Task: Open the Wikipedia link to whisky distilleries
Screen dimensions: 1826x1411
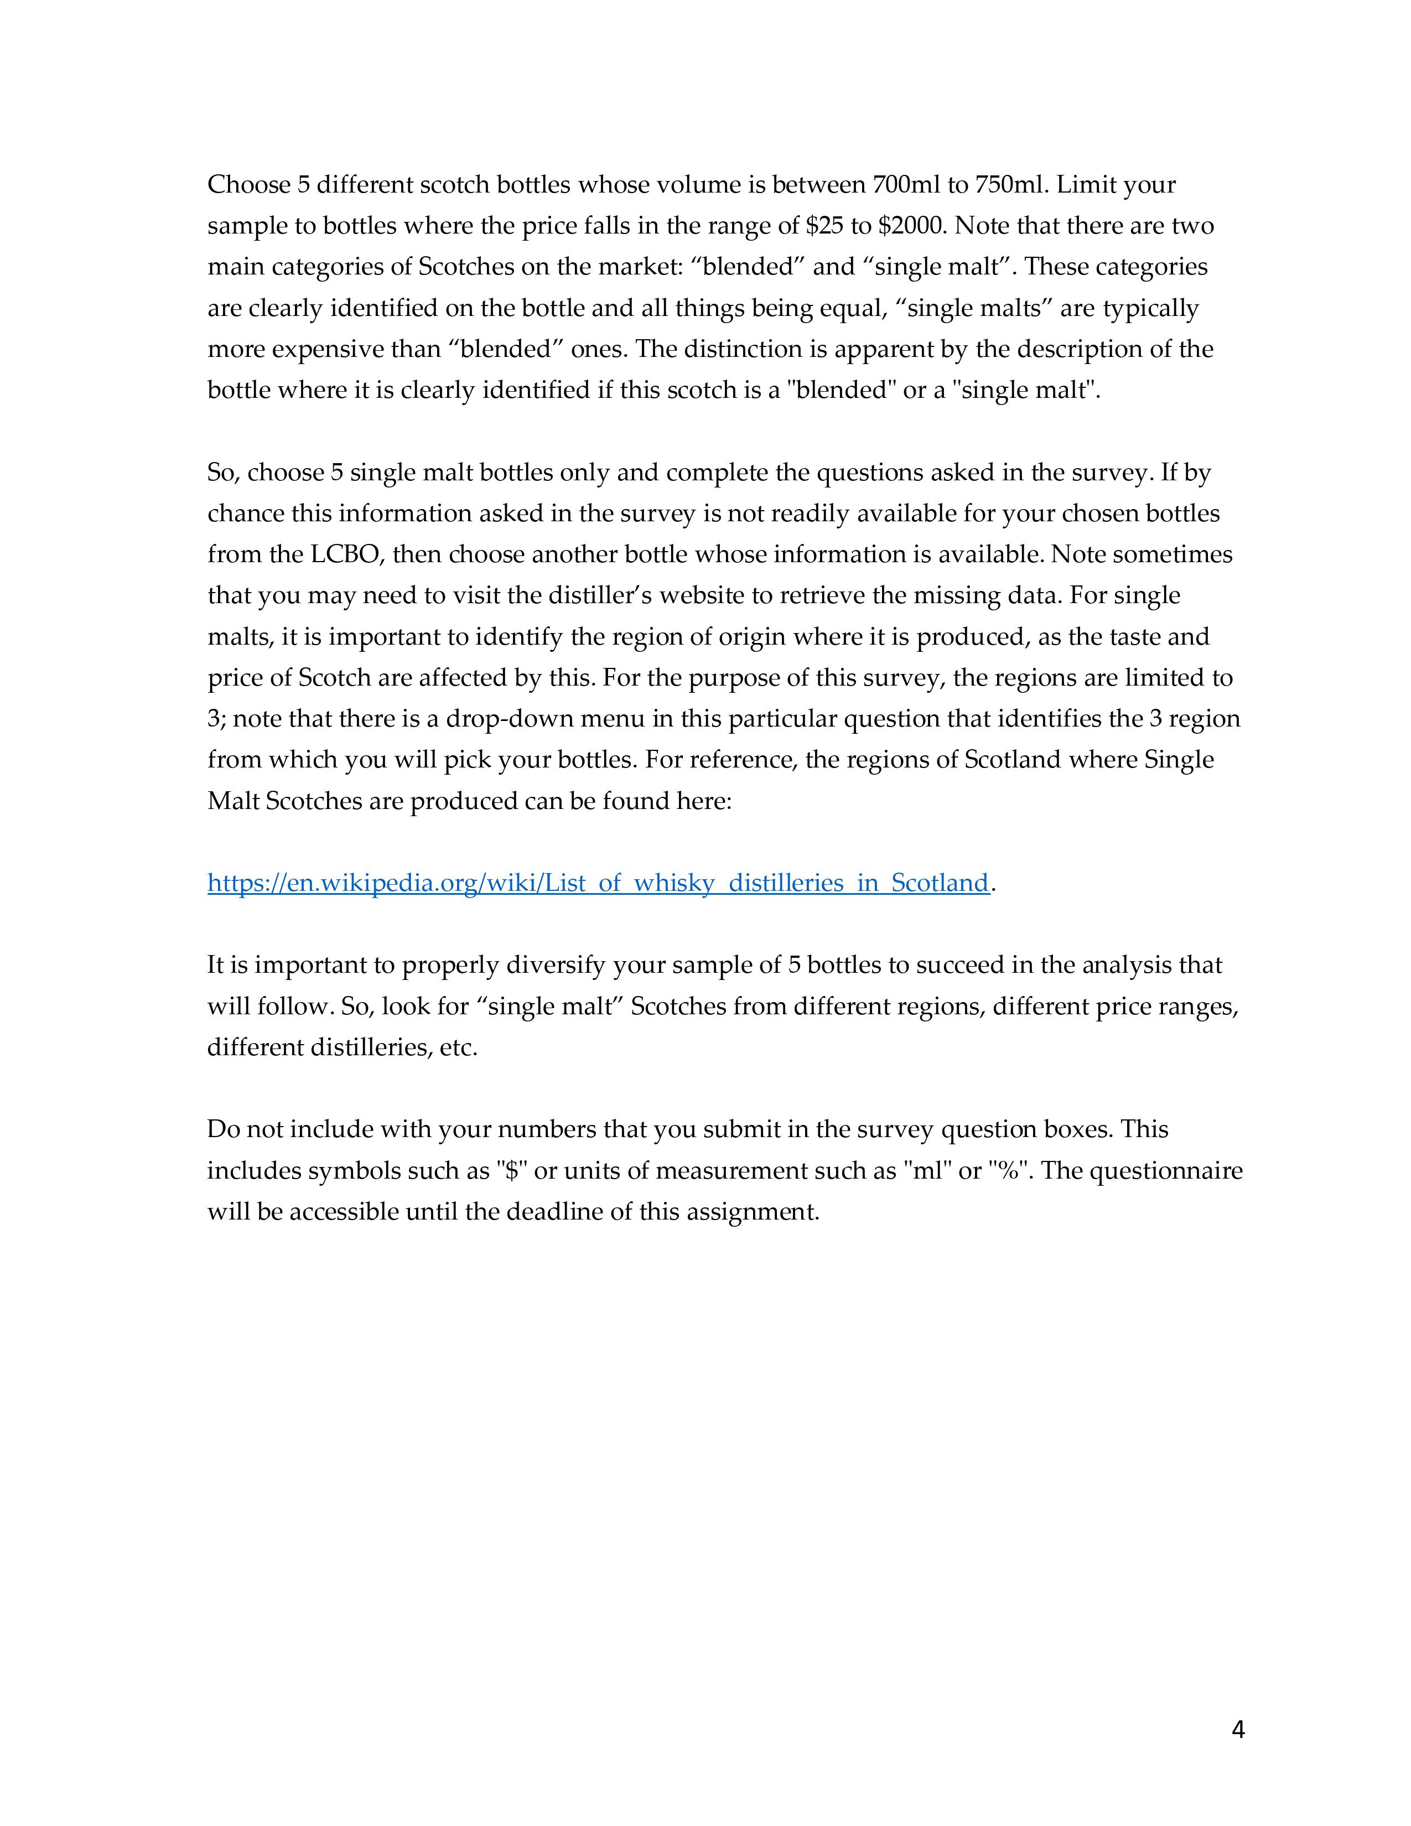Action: coord(598,883)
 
